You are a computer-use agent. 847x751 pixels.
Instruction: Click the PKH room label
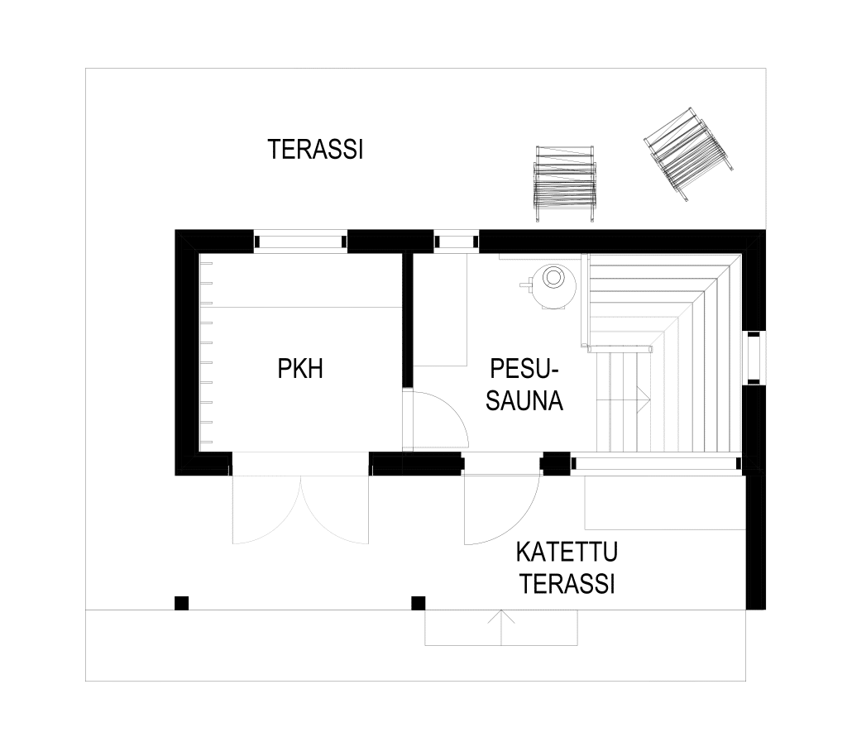[x=300, y=369]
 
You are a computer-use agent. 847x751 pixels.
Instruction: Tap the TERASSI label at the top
[x=315, y=150]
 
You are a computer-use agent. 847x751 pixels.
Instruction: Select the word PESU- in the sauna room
[x=524, y=369]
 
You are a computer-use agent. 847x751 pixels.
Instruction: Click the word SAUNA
[x=524, y=401]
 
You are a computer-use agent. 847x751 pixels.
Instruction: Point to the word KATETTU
[x=567, y=552]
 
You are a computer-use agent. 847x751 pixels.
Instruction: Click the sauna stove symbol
[x=548, y=288]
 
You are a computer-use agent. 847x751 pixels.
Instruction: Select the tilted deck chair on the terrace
[x=689, y=154]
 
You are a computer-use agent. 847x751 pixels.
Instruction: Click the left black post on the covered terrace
[x=181, y=603]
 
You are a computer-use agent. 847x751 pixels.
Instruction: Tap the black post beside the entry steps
[x=418, y=603]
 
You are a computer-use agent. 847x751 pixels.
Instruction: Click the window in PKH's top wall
[x=300, y=242]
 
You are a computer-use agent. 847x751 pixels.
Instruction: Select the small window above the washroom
[x=457, y=242]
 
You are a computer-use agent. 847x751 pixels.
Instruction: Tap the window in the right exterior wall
[x=754, y=357]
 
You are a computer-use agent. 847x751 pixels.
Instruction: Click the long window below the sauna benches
[x=656, y=463]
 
